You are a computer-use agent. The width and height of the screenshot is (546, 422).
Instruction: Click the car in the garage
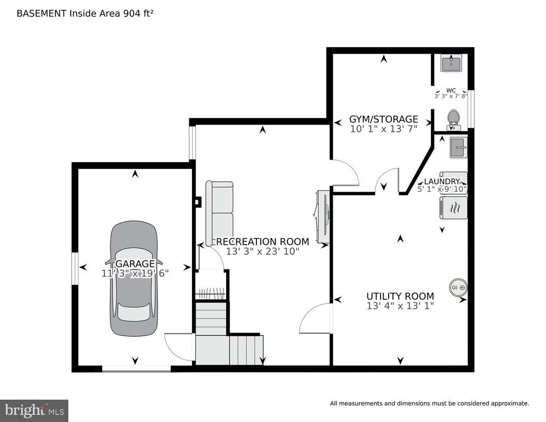click(134, 278)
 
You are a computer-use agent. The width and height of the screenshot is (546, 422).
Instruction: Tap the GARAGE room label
click(135, 264)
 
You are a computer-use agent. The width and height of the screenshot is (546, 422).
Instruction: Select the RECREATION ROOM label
click(262, 242)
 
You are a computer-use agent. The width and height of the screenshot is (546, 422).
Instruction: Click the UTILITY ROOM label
click(400, 296)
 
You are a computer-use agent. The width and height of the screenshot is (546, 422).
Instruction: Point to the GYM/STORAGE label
click(383, 119)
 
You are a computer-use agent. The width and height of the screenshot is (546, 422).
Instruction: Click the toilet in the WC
click(453, 120)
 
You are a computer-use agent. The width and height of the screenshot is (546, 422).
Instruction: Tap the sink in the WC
click(451, 63)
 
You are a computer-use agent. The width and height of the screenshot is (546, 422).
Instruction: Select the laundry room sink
click(458, 147)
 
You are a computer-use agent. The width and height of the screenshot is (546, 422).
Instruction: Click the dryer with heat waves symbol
click(453, 208)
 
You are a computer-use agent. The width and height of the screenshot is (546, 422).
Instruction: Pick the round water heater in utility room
click(458, 288)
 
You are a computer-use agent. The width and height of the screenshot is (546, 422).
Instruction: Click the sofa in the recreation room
click(219, 213)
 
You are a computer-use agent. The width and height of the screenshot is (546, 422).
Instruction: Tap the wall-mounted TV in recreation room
click(323, 216)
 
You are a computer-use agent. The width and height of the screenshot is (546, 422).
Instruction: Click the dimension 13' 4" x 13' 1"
click(400, 306)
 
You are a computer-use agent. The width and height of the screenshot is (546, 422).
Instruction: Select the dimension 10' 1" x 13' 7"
click(383, 129)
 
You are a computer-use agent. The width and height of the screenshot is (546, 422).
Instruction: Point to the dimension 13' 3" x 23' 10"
click(262, 251)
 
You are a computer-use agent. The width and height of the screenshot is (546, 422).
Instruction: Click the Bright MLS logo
click(34, 410)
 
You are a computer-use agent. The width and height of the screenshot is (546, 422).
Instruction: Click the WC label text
click(451, 91)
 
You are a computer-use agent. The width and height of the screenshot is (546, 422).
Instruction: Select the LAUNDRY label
click(442, 181)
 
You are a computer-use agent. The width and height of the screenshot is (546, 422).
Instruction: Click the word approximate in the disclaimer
click(510, 403)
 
